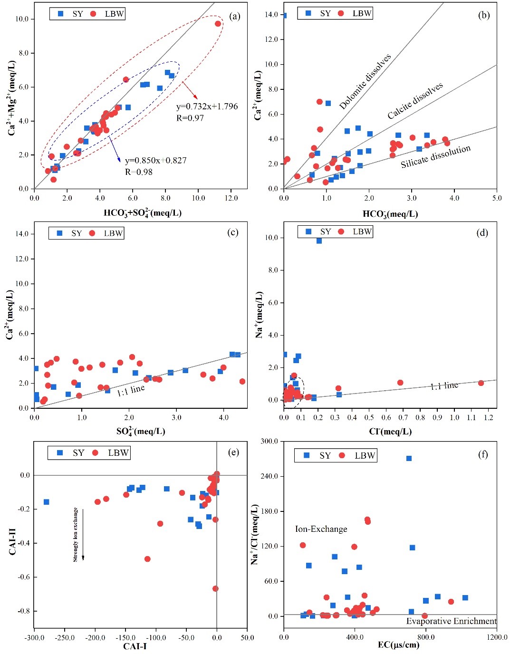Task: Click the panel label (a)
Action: (234, 17)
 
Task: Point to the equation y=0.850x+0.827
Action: (155, 161)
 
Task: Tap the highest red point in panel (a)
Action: (218, 24)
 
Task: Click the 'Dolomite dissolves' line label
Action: (365, 82)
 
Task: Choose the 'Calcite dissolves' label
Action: (415, 100)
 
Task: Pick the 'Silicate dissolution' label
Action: (435, 156)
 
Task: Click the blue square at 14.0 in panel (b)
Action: (284, 16)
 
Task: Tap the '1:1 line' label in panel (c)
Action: (131, 390)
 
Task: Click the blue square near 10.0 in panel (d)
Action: (319, 241)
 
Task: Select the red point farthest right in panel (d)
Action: (481, 383)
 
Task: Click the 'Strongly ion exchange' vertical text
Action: (75, 535)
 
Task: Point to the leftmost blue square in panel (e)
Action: (46, 502)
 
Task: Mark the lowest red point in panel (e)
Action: (215, 588)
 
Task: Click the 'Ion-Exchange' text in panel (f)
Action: (321, 529)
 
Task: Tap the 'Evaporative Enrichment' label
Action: (451, 621)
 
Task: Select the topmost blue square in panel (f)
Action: (409, 458)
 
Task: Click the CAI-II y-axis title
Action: (13, 535)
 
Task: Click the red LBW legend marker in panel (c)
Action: (92, 233)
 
